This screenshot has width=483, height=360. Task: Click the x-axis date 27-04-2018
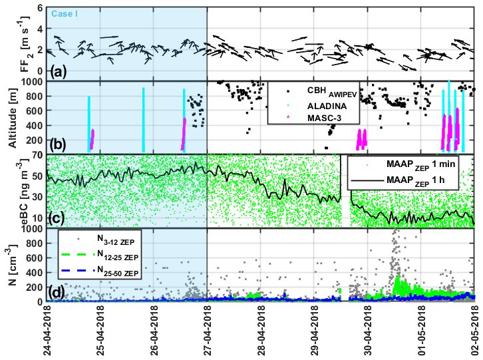(x=208, y=330)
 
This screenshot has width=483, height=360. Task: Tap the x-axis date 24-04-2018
(x=47, y=330)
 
